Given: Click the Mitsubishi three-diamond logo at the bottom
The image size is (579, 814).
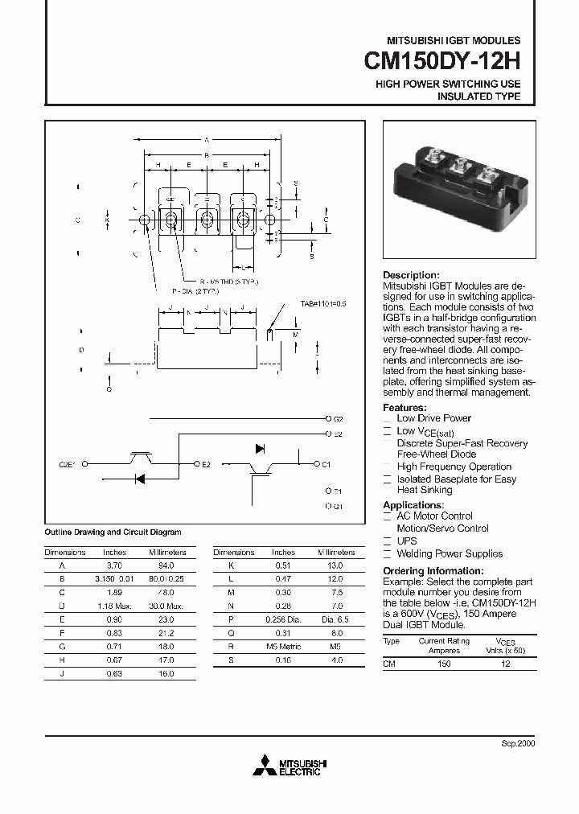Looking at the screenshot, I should [x=265, y=767].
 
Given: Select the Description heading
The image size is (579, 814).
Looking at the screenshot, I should [x=411, y=275].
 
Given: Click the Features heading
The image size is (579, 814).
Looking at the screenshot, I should [x=406, y=407].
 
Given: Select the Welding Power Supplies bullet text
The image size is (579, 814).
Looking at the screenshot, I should [x=450, y=553].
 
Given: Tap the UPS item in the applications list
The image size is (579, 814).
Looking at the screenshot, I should [x=407, y=541].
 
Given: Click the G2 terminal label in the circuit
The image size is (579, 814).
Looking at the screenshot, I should [x=338, y=419].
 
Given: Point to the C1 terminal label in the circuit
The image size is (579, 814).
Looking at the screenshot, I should [x=326, y=464].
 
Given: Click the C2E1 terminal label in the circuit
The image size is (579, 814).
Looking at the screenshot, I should [x=67, y=464].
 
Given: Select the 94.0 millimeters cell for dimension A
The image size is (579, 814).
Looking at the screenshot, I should [x=167, y=565].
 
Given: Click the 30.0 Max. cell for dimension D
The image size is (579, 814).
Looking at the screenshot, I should [x=167, y=606].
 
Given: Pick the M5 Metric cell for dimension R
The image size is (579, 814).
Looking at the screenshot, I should [x=283, y=646].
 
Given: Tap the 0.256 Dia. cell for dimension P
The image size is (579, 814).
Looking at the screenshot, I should [x=283, y=619].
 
